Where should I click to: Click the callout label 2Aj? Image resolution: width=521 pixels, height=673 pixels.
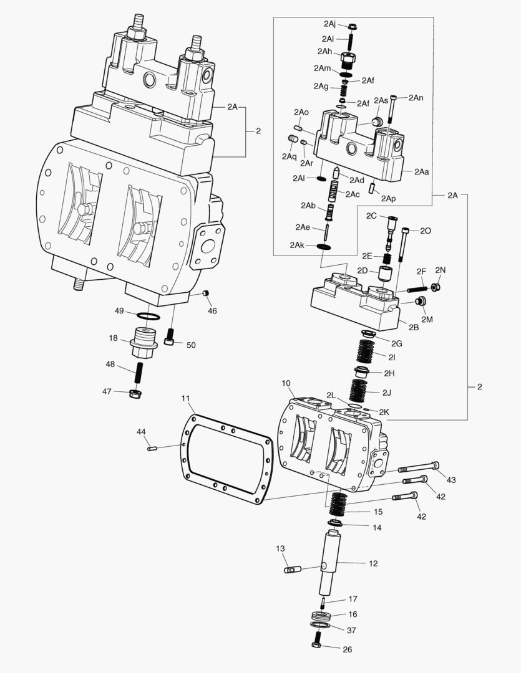pos(329,23)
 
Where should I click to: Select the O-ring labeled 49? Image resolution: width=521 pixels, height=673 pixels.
pos(149,317)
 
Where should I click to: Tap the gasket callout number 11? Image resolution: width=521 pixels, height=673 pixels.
pos(185,398)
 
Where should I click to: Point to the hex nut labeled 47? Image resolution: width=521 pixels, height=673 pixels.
pos(136,393)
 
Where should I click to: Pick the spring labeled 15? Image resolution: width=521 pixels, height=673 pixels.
pos(339,505)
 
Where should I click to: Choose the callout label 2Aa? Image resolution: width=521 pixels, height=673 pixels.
pos(421,172)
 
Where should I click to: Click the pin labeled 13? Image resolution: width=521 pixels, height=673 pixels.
pos(292,570)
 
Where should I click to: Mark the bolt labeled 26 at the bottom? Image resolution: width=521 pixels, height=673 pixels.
pos(318,639)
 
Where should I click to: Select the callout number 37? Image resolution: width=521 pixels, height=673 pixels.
pos(351,630)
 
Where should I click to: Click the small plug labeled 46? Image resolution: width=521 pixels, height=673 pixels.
pos(206,293)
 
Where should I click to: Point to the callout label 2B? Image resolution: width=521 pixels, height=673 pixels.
pos(414,327)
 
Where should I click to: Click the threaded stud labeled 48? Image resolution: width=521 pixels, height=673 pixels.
pos(139,373)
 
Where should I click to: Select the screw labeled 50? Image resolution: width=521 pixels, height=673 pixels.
pos(171,338)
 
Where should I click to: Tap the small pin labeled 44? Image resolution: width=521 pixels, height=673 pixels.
pos(152,449)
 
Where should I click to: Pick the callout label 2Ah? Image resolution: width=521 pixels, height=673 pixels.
pos(325,52)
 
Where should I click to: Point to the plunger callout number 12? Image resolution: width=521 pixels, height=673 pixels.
pos(373,563)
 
